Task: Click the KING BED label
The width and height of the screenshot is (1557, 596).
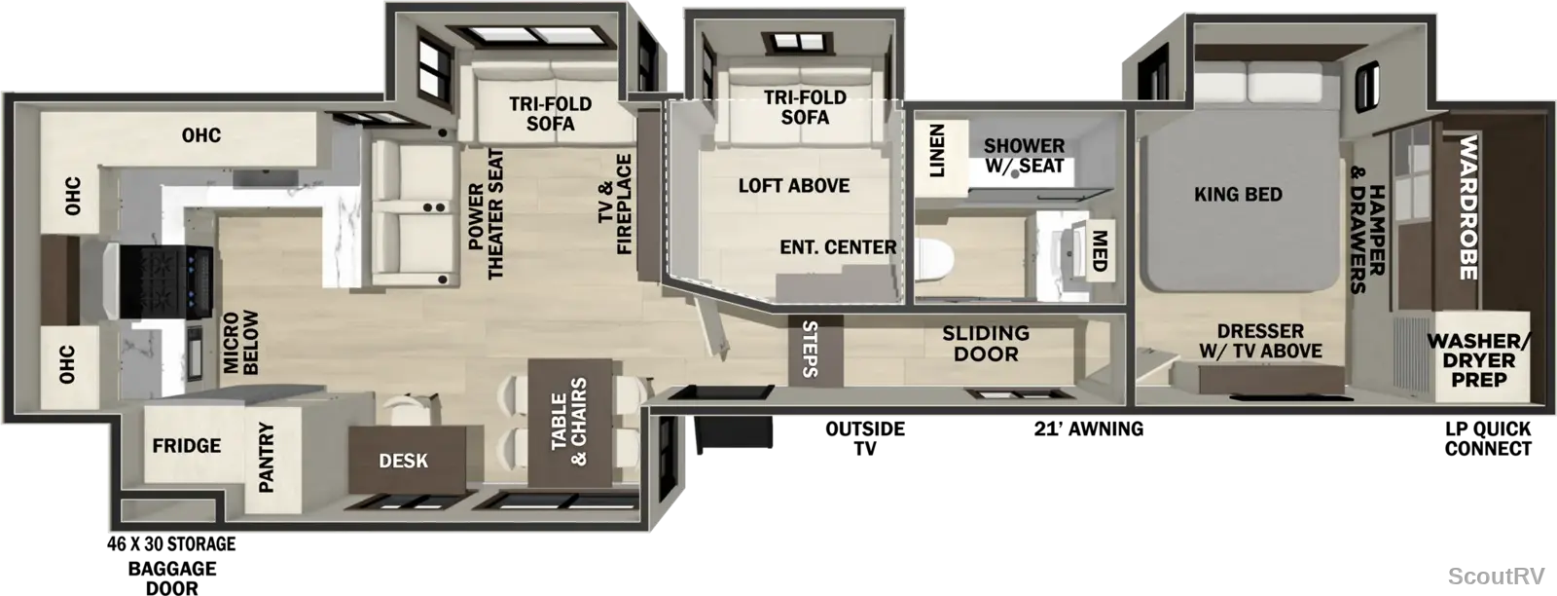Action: click(1238, 194)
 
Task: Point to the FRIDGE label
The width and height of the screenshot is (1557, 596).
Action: click(186, 445)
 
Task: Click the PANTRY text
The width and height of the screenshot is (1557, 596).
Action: click(267, 457)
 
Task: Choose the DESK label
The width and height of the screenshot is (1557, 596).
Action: click(403, 461)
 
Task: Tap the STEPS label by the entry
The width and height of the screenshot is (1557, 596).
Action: click(810, 349)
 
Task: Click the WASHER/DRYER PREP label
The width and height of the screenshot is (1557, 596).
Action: click(1478, 360)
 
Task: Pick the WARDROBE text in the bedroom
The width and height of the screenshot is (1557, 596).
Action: click(1467, 207)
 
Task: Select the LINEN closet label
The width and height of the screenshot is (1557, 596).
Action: click(937, 150)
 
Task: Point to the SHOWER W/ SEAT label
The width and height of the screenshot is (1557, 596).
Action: click(1024, 156)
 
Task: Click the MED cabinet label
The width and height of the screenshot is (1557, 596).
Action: click(1099, 251)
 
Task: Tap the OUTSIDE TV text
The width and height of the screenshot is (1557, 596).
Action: click(865, 438)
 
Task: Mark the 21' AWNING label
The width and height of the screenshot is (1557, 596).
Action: click(1089, 429)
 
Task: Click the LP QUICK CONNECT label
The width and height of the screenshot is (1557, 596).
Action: click(1488, 439)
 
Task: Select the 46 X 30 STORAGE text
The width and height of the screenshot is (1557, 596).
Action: click(171, 543)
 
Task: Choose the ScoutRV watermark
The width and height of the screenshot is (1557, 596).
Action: click(1496, 576)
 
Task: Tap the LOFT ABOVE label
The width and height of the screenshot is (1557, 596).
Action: click(794, 186)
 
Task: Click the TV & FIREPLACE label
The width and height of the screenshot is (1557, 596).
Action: click(615, 205)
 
